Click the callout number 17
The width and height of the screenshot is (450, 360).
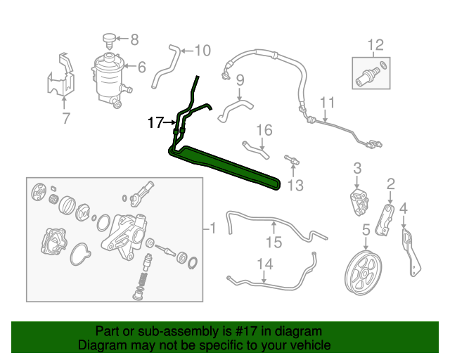click(155, 123)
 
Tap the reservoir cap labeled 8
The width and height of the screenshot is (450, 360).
click(108, 38)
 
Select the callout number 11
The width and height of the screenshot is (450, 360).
click(326, 104)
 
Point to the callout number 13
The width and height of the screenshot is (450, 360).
click(295, 185)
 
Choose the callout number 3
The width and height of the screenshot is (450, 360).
click(356, 168)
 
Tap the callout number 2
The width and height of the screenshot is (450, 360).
click(391, 184)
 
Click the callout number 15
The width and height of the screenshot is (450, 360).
click(273, 243)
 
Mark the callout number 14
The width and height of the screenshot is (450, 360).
click(264, 264)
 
